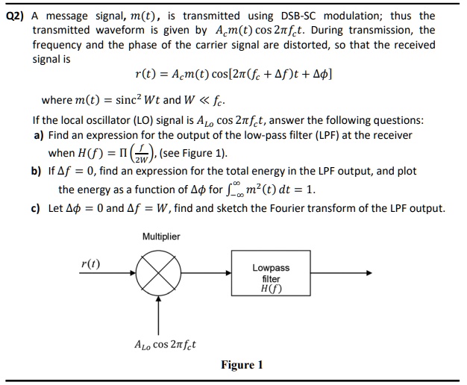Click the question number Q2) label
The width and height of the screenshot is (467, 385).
16,16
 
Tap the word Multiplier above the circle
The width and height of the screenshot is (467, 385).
161,237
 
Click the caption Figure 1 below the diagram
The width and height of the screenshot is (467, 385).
242,365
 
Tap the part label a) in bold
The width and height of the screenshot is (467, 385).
39,135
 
